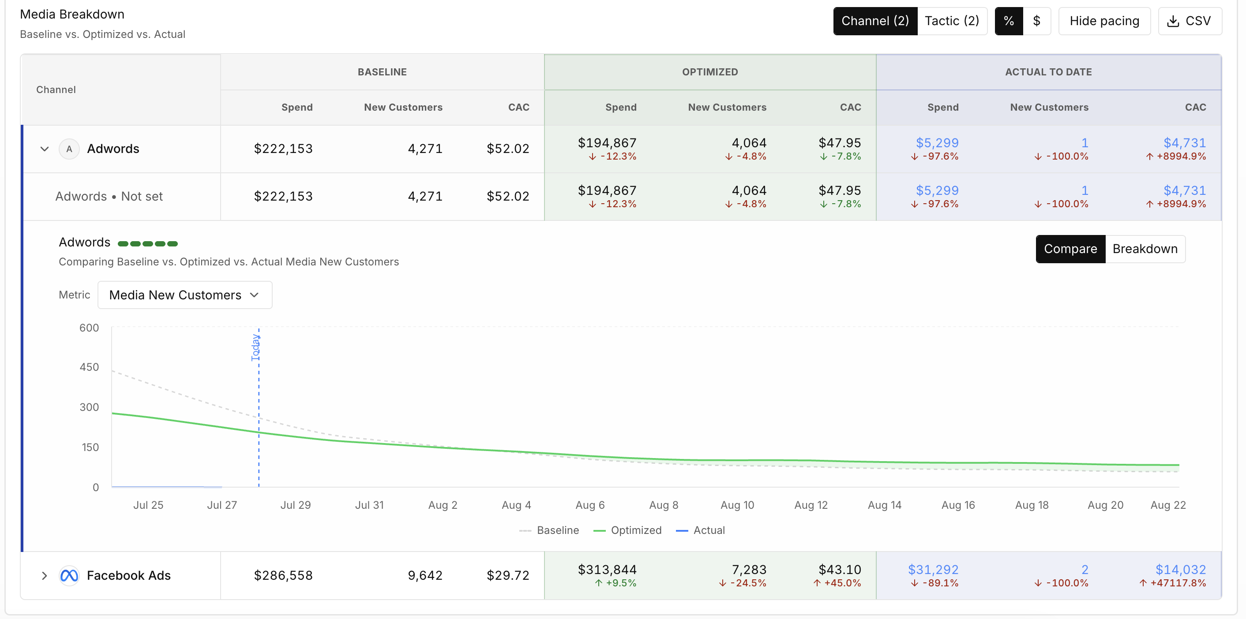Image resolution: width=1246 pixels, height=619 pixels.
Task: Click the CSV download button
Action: (1190, 21)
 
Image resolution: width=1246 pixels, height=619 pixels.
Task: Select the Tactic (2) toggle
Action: (951, 21)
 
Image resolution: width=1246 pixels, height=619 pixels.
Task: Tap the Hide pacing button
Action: (1104, 21)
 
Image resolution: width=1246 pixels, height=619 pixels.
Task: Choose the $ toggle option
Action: (1036, 21)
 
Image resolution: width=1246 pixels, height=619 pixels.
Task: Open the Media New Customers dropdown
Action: (185, 295)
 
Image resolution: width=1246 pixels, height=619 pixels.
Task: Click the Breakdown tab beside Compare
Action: (1145, 249)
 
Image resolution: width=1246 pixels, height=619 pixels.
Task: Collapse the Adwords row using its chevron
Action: (45, 149)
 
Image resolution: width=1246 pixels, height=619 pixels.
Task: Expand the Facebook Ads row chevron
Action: (45, 575)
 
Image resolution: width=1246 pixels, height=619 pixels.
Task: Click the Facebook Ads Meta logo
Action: (69, 575)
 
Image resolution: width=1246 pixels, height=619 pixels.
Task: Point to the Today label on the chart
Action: (255, 347)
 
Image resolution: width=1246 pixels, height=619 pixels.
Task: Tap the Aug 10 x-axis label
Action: (737, 505)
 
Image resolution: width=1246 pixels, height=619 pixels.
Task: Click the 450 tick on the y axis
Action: (89, 367)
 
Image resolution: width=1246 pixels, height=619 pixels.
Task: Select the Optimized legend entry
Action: (627, 530)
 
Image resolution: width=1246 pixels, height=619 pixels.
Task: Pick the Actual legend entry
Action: (700, 530)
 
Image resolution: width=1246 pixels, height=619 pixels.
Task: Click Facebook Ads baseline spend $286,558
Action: (283, 575)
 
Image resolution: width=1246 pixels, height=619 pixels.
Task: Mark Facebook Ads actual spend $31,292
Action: (933, 570)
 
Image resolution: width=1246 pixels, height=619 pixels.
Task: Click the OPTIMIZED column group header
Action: (710, 72)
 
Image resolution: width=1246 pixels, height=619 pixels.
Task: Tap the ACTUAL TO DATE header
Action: (1049, 72)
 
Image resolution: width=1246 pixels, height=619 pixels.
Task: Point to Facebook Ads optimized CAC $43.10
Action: (840, 570)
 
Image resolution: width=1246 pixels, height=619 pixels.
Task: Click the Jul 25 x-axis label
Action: (149, 505)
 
